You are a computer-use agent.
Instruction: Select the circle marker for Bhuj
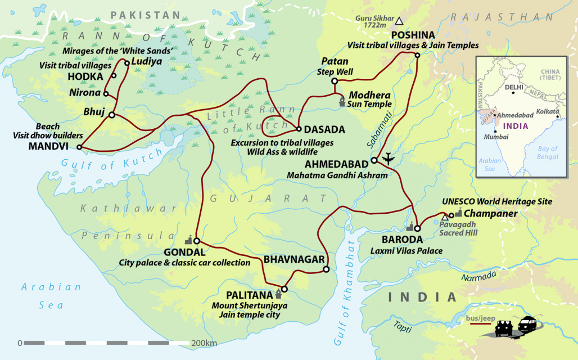point(111,115)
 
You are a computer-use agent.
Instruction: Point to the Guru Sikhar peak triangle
point(399,21)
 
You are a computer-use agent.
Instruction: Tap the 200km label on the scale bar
point(204,343)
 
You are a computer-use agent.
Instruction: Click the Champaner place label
point(490,213)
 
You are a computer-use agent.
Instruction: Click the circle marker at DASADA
point(299,129)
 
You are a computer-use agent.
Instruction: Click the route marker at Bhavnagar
point(326,270)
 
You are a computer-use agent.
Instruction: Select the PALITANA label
point(250,295)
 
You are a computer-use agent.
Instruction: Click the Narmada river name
point(478,276)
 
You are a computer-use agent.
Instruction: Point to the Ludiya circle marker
point(127,63)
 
